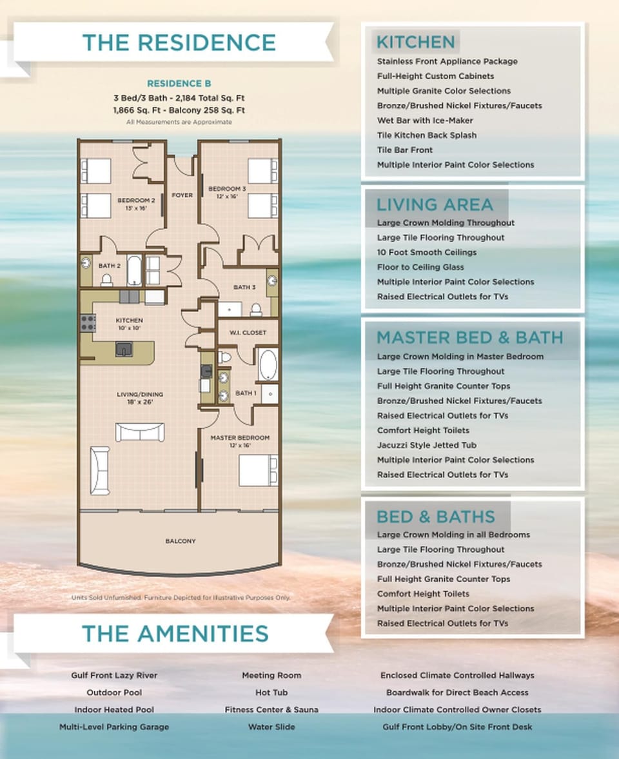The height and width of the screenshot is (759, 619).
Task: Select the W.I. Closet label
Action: click(x=248, y=333)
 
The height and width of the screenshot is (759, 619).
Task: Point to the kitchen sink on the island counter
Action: click(x=124, y=349)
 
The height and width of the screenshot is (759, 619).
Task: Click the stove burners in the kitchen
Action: click(x=88, y=323)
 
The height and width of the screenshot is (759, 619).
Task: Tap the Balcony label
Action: click(x=181, y=541)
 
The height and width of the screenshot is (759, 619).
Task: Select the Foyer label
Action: click(x=182, y=195)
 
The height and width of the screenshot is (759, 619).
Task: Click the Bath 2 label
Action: click(x=110, y=266)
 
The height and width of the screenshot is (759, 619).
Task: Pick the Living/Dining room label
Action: click(x=140, y=398)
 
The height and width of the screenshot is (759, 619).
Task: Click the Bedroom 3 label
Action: click(x=227, y=192)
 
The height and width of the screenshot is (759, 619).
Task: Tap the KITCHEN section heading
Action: click(x=416, y=42)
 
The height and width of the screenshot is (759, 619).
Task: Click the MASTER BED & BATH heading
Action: click(x=470, y=337)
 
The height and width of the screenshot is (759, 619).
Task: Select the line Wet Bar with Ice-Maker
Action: click(x=425, y=121)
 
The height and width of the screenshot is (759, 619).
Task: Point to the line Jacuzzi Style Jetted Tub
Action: click(x=427, y=445)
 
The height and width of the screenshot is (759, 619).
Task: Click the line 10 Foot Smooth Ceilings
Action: click(x=427, y=252)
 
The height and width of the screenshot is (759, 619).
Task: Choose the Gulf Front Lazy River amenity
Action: click(x=114, y=675)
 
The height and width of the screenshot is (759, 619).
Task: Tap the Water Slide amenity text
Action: click(x=271, y=727)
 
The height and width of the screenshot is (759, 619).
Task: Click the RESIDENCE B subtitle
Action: click(x=179, y=83)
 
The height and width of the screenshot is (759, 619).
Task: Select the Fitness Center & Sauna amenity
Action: click(x=271, y=709)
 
